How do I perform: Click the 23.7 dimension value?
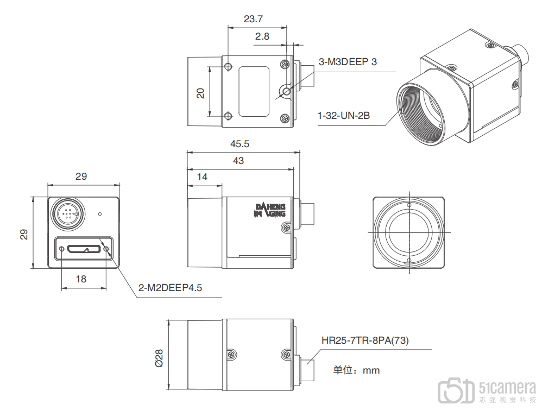pyautogui.click(x=253, y=19)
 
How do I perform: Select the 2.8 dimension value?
pyautogui.click(x=262, y=36)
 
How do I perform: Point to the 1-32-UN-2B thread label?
pyautogui.click(x=344, y=116)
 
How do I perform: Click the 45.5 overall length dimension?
pyautogui.click(x=240, y=144)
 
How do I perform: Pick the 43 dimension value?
pyautogui.click(x=238, y=161)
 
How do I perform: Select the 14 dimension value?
pyautogui.click(x=202, y=177)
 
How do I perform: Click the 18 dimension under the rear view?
pyautogui.click(x=81, y=279)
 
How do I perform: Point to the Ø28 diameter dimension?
pyautogui.click(x=159, y=358)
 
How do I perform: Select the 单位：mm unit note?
pyautogui.click(x=356, y=370)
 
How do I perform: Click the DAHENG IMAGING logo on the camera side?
pyautogui.click(x=270, y=210)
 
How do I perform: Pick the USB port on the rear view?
pyautogui.click(x=83, y=249)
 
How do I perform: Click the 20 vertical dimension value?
pyautogui.click(x=200, y=93)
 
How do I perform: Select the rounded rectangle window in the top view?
pyautogui.click(x=254, y=92)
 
